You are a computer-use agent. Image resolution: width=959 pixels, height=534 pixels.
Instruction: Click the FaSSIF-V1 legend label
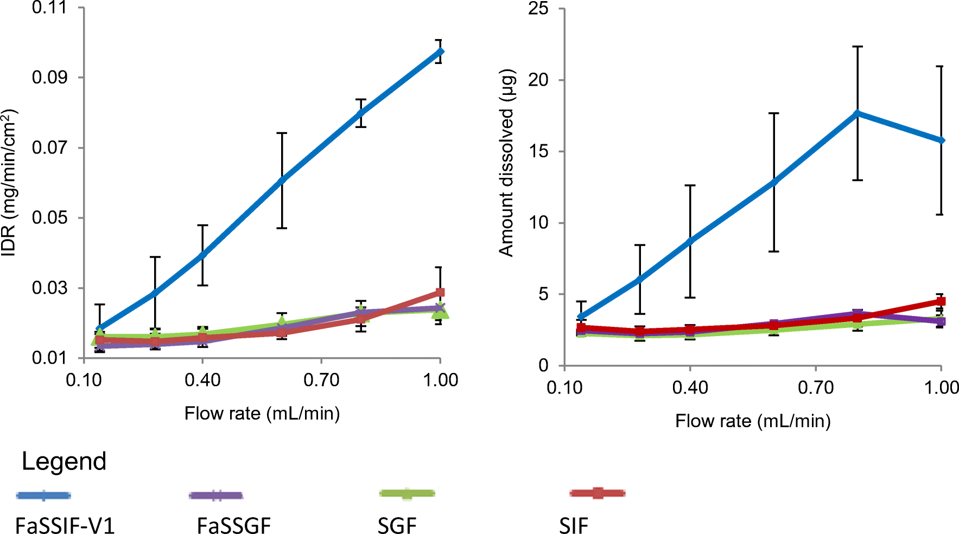pos(65,525)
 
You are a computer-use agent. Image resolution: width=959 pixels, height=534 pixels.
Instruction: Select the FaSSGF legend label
pos(233,525)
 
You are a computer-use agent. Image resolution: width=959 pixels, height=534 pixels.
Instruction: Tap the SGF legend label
pos(397,525)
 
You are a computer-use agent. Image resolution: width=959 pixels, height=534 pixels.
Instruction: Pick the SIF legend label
pos(573,525)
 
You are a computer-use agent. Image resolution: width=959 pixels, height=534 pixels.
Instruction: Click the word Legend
pos(64,461)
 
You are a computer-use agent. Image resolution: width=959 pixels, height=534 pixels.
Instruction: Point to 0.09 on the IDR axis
pos(50,78)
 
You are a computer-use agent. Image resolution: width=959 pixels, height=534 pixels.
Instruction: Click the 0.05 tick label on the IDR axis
pos(50,218)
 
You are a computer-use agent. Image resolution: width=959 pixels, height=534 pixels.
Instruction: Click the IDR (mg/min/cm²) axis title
pos(9,182)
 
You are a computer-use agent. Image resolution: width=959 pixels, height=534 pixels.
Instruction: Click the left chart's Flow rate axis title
pos(262,414)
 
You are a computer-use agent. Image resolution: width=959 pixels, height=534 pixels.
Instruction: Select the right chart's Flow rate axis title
pos(753,421)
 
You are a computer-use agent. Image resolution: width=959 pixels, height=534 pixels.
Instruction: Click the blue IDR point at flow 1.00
pos(440,52)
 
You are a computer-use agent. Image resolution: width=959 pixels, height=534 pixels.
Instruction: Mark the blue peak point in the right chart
pos(857,113)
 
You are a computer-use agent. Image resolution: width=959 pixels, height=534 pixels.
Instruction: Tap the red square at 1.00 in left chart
pos(440,293)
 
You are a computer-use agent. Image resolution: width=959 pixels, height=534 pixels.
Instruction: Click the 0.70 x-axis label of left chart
pos(321,380)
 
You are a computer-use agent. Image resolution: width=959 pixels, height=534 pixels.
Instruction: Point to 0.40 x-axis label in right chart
pos(690,388)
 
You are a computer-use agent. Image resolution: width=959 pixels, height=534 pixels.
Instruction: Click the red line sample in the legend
pos(597,493)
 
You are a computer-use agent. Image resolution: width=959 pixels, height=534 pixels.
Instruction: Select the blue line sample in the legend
pos(43,495)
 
